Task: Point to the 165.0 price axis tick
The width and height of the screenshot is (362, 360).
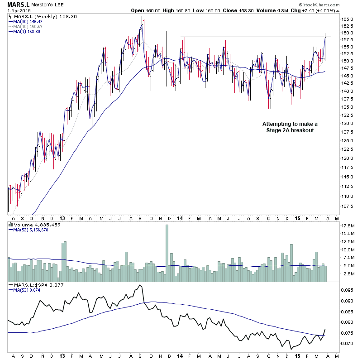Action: coord(347,19)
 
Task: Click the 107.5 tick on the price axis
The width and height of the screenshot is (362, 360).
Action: coord(347,206)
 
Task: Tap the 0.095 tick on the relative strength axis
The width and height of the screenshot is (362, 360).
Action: coord(347,290)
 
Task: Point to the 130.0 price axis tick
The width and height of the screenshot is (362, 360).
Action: coord(347,123)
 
